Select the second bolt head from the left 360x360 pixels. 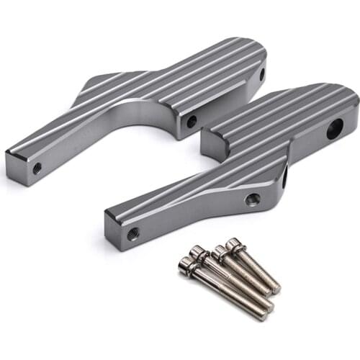coord(197,252)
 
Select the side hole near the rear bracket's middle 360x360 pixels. coord(191,122)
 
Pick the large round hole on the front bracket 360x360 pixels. coord(335,130)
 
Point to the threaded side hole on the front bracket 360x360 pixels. coord(252,199)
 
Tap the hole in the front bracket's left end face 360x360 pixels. coord(133,233)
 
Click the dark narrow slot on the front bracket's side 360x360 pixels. coord(284,177)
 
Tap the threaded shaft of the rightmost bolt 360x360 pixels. coord(259,270)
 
